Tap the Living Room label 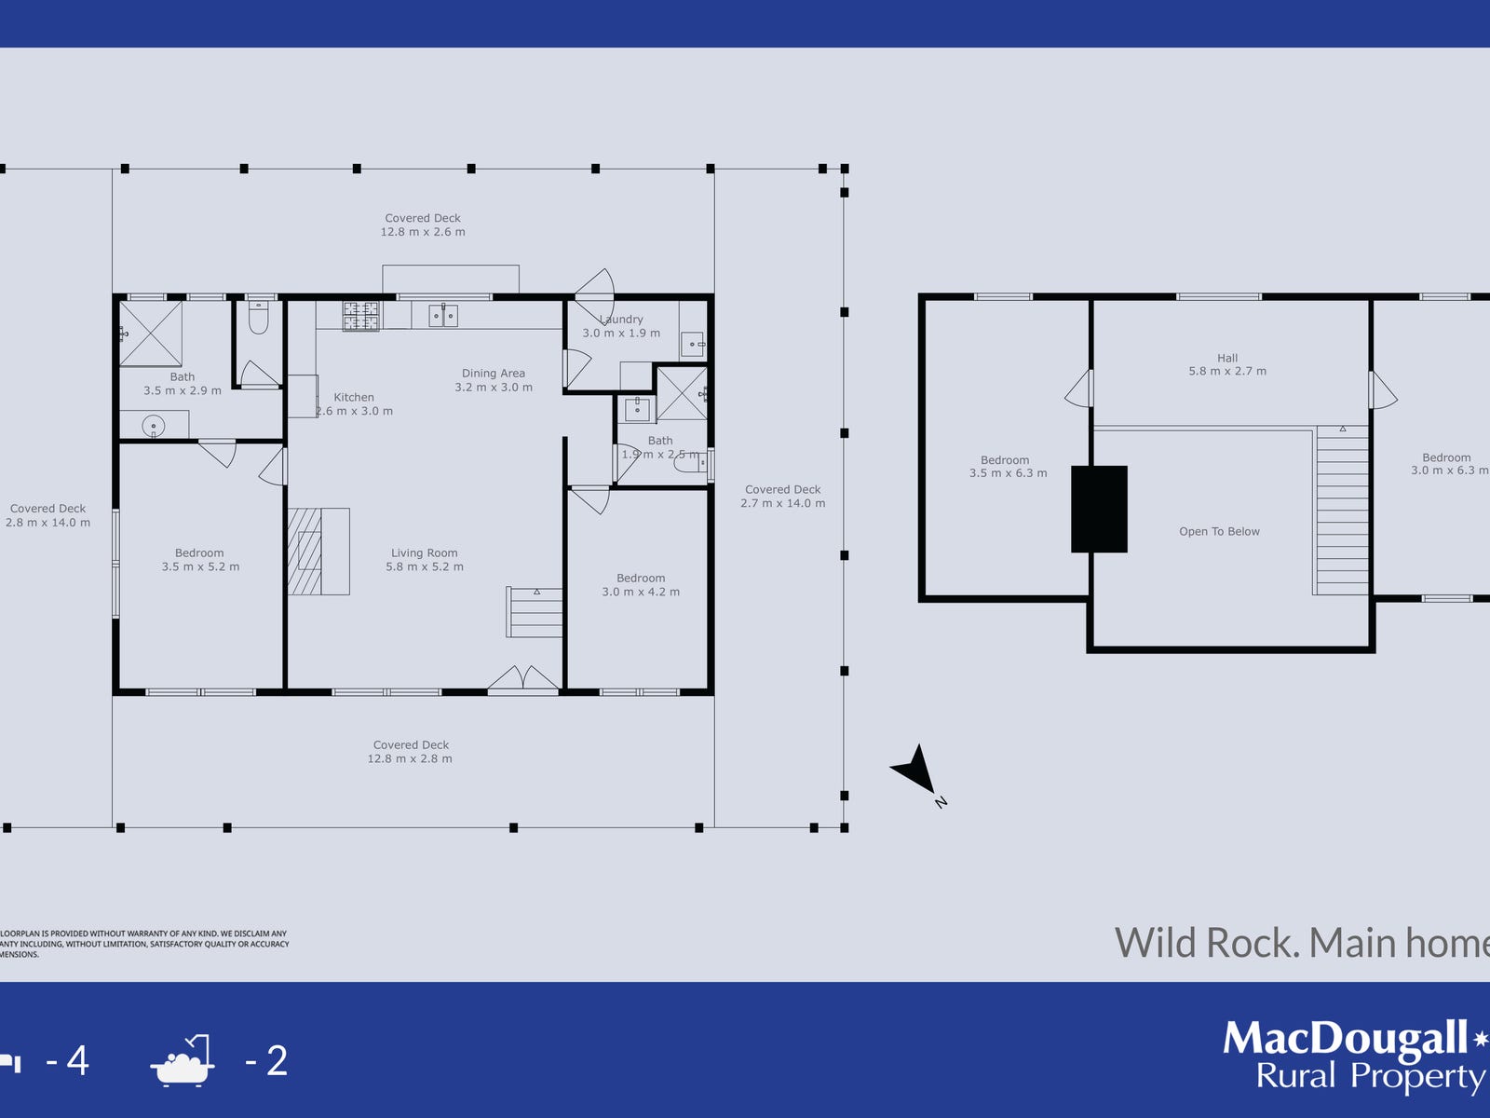point(424,552)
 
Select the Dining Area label point(494,374)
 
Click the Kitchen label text point(354,397)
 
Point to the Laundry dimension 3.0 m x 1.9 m point(621,334)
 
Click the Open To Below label point(1219,532)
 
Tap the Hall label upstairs point(1227,358)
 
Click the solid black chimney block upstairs point(1099,509)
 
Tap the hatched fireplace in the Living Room point(305,551)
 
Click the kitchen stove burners point(360,316)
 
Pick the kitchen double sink point(443,316)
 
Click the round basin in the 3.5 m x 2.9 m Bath point(154,427)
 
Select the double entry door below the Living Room point(523,680)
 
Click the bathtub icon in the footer point(183,1061)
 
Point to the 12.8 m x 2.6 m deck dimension point(423,232)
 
